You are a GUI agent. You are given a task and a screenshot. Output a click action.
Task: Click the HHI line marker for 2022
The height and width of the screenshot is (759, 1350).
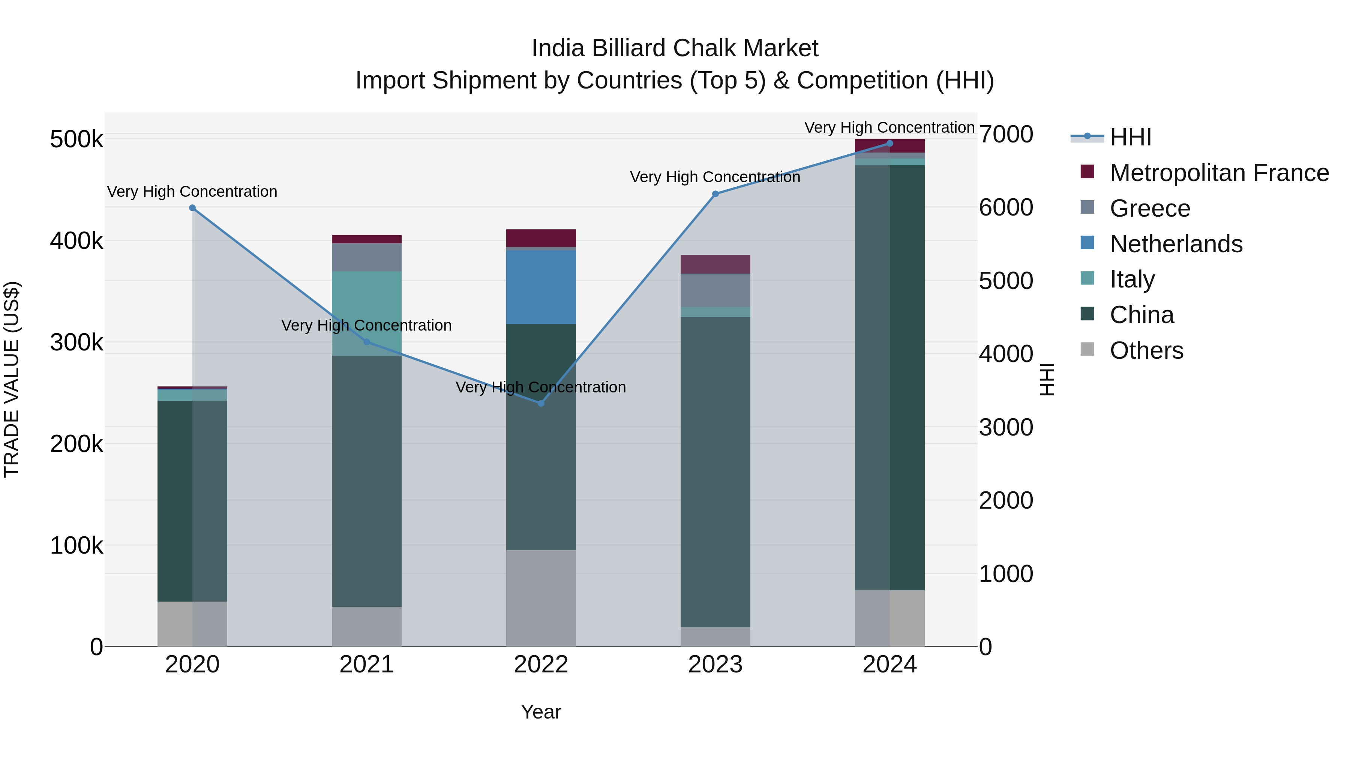tap(541, 403)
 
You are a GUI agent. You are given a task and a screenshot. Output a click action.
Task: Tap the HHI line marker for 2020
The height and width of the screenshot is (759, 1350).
tap(192, 208)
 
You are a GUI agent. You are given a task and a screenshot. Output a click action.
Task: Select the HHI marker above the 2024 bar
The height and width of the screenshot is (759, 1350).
tap(889, 144)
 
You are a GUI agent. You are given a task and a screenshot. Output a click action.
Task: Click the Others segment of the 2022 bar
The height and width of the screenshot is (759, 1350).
tap(541, 598)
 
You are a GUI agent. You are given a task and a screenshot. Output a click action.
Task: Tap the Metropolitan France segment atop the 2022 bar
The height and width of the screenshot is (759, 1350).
tap(541, 238)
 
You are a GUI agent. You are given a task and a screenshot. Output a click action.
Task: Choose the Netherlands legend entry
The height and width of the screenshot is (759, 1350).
tap(1176, 244)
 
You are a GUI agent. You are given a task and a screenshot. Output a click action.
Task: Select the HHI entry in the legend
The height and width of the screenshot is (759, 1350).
tap(1130, 137)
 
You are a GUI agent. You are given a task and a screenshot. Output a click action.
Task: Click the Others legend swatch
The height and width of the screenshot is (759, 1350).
tap(1087, 349)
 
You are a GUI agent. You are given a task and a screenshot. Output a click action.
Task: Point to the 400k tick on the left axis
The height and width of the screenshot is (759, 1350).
tap(76, 241)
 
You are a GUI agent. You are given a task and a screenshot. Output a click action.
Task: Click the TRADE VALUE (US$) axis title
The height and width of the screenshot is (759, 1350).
tap(12, 379)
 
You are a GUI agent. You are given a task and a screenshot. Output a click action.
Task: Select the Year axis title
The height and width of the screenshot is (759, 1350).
tap(541, 712)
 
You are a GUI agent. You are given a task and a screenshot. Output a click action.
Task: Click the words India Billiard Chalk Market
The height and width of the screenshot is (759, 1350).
tap(675, 48)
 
